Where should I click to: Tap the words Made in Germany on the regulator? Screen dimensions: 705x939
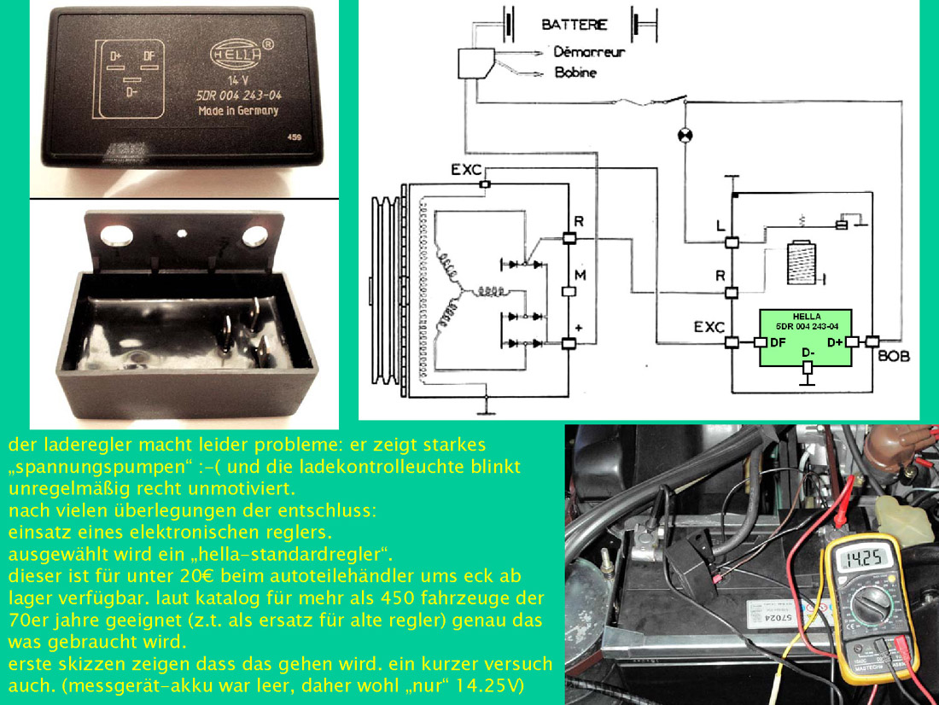point(238,111)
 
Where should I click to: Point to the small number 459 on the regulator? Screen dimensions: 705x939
point(295,136)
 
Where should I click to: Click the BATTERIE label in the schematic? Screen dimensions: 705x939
point(574,25)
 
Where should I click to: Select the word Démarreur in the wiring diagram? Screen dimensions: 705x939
point(589,52)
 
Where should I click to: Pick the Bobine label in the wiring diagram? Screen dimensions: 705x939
point(575,73)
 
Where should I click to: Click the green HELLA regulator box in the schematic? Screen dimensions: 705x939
point(806,338)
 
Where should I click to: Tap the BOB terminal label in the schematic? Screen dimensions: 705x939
point(894,356)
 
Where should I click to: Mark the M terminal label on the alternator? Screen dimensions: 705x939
point(580,275)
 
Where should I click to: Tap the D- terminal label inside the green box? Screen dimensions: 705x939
point(806,352)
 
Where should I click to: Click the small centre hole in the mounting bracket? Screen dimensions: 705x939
point(181,230)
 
